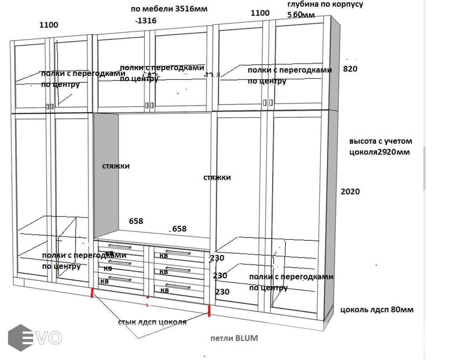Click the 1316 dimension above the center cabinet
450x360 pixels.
tap(147, 20)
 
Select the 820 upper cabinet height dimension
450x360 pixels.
tap(350, 69)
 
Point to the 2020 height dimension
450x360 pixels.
tap(350, 192)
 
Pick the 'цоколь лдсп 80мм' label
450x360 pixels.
tap(377, 310)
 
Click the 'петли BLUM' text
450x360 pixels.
tap(234, 338)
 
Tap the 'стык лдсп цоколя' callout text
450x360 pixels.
tap(152, 322)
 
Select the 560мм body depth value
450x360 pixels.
tap(301, 15)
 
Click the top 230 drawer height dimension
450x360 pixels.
tap(217, 258)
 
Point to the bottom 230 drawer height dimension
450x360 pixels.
tap(222, 292)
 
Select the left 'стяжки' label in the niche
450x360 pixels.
tap(116, 166)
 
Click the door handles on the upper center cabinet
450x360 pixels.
tap(149, 105)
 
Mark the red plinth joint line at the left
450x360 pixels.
tap(92, 293)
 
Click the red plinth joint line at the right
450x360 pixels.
tap(209, 311)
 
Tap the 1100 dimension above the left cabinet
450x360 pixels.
tap(49, 25)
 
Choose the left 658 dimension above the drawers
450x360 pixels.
tap(136, 221)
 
